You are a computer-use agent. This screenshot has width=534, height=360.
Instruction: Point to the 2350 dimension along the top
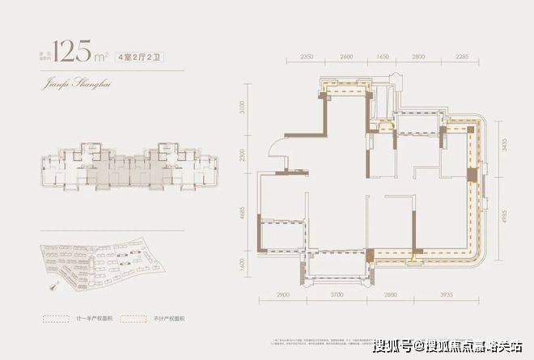click(306, 58)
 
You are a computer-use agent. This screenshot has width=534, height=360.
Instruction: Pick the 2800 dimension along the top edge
click(418, 58)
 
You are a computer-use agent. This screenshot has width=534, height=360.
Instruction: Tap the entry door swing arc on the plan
click(276, 150)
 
